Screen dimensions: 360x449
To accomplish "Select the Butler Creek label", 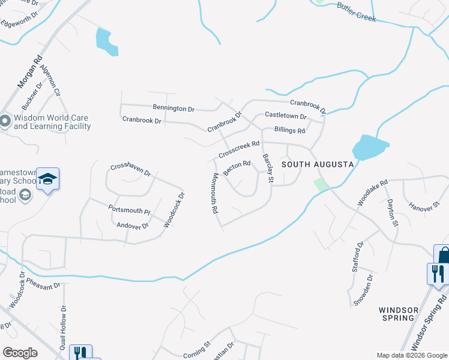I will click(356, 12).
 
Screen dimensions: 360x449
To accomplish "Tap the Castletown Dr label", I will click(285, 116).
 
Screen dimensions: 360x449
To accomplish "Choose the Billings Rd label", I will click(289, 130).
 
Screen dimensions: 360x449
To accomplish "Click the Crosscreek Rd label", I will click(239, 149).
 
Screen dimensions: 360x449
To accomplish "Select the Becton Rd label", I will click(237, 167).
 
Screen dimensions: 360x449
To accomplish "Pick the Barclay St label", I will click(268, 169).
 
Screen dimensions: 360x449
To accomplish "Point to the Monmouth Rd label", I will click(214, 194).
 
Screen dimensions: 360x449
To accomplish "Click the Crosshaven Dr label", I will click(130, 170).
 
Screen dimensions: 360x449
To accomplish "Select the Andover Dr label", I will click(132, 226).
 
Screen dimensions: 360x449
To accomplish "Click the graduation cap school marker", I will click(48, 179).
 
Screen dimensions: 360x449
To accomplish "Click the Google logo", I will click(20, 353).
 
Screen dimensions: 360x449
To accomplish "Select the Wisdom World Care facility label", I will click(52, 122).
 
